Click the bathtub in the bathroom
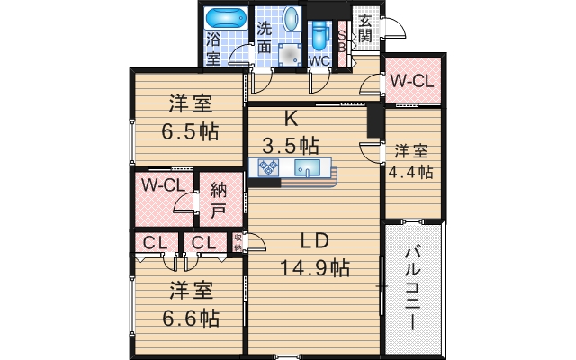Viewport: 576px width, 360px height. tap(225, 17)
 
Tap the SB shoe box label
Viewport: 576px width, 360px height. tap(343, 41)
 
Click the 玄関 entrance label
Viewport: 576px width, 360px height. tap(365, 28)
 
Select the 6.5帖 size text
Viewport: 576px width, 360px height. tap(189, 130)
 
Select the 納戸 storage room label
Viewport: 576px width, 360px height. tap(219, 202)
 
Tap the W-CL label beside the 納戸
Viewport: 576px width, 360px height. tap(163, 186)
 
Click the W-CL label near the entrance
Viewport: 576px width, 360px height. tap(412, 81)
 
